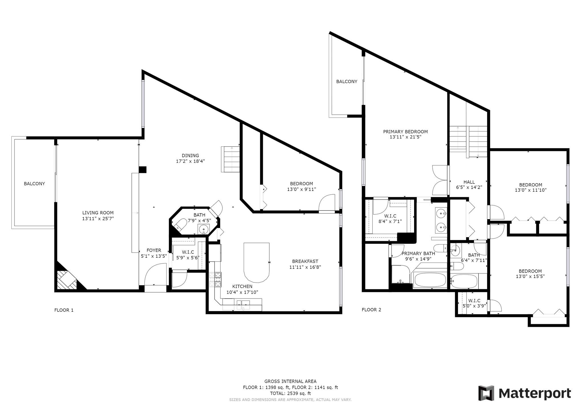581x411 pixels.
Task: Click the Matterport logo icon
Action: coord(486,393)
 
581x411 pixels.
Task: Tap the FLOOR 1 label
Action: coord(64,310)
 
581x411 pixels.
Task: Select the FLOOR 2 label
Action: coord(371,310)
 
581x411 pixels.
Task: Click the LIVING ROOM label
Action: coord(98,213)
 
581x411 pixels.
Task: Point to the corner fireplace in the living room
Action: coord(67,279)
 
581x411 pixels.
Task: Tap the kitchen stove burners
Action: coord(215,279)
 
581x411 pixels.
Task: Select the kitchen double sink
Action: coord(242,304)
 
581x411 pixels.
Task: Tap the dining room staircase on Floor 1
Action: coord(230,159)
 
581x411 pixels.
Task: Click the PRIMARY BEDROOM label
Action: coord(405,132)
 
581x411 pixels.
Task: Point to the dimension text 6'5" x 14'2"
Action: coord(469,188)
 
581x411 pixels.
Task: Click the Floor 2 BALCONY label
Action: coord(347,81)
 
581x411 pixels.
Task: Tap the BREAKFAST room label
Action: coord(305,261)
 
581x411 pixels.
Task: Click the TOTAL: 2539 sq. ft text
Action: coord(290,393)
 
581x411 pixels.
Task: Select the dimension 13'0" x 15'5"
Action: coord(530,276)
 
